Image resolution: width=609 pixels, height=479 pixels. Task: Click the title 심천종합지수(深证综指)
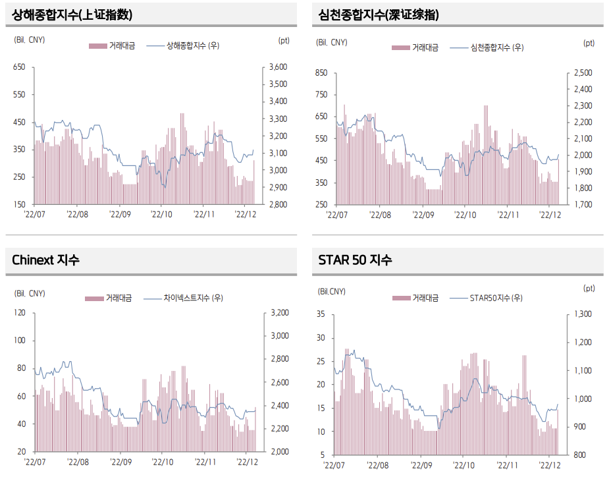point(379,15)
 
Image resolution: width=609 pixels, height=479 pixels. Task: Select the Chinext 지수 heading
point(45,260)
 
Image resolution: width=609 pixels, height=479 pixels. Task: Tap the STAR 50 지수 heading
point(355,260)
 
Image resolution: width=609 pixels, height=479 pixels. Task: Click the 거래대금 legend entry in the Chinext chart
point(119,298)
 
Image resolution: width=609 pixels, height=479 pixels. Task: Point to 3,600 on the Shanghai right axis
point(278,67)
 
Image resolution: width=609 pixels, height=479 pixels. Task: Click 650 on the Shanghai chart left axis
point(19,67)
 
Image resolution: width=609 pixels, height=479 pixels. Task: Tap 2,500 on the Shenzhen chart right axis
point(583,72)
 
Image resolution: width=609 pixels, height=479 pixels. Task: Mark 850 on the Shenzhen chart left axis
point(322,72)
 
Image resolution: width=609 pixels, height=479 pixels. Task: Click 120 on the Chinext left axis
point(19,313)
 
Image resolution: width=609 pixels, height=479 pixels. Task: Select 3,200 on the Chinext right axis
point(278,313)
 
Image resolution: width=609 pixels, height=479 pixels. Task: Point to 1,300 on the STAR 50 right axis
point(583,314)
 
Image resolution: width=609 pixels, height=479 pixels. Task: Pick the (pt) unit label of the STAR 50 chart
point(589,288)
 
